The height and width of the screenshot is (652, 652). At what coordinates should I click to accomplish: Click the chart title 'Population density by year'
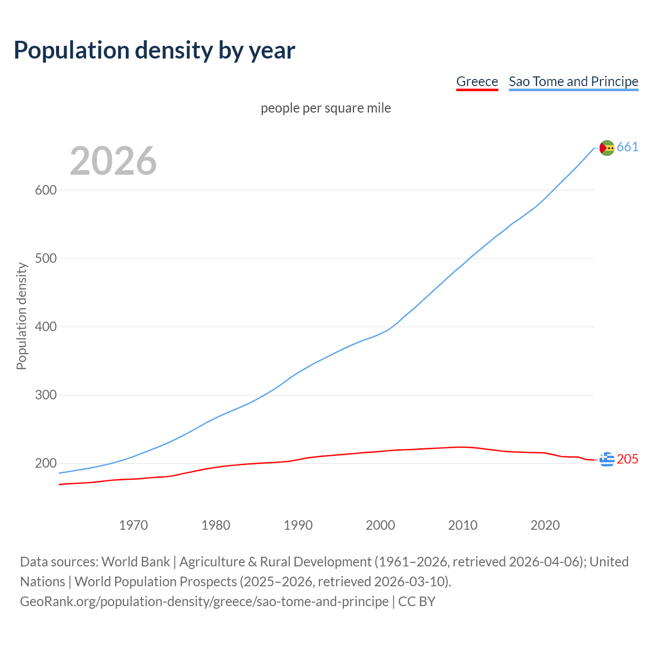[154, 50]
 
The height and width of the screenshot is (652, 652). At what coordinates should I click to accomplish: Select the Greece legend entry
[477, 81]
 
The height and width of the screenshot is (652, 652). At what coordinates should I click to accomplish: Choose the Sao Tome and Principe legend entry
[573, 81]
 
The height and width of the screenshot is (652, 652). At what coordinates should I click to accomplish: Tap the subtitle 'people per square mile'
[326, 108]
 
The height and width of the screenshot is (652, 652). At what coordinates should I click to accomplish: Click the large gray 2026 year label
[113, 161]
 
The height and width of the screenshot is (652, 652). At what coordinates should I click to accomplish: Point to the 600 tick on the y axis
[45, 191]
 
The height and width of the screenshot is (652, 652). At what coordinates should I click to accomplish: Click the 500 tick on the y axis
[45, 259]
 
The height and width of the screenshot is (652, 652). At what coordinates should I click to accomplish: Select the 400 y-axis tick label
[45, 327]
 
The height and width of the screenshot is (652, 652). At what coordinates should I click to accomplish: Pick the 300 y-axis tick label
[45, 395]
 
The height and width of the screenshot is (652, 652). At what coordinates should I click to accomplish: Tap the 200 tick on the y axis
[45, 464]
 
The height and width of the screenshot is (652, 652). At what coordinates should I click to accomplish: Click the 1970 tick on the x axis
[133, 525]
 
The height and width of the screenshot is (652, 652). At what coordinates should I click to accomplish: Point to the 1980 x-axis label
[216, 525]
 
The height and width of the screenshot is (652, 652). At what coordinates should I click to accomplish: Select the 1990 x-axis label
[298, 525]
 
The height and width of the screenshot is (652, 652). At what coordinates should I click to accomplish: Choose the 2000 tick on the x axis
[381, 525]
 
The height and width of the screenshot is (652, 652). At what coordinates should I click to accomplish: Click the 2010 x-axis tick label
[463, 525]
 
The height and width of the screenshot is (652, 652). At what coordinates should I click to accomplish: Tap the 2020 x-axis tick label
[545, 525]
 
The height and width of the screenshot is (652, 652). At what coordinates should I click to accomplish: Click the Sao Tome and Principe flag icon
[607, 148]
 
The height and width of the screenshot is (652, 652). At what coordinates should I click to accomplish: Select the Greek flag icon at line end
[607, 459]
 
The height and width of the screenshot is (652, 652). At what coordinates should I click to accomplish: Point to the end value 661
[628, 147]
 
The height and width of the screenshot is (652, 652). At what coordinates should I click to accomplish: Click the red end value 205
[628, 459]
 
